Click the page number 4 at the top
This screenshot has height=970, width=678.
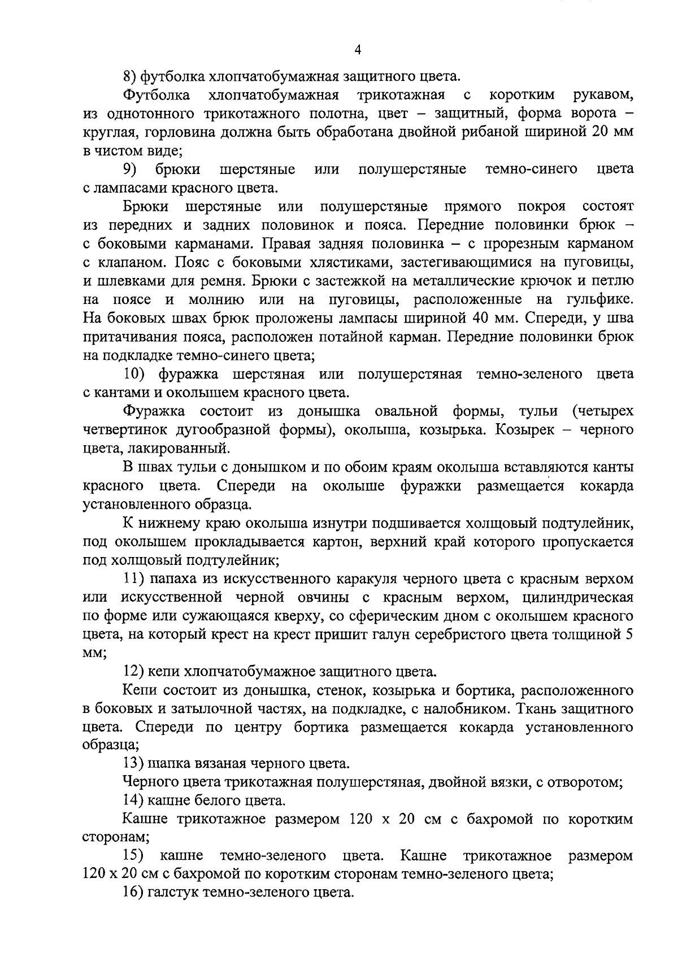357,50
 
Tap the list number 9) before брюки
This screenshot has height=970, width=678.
132,169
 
